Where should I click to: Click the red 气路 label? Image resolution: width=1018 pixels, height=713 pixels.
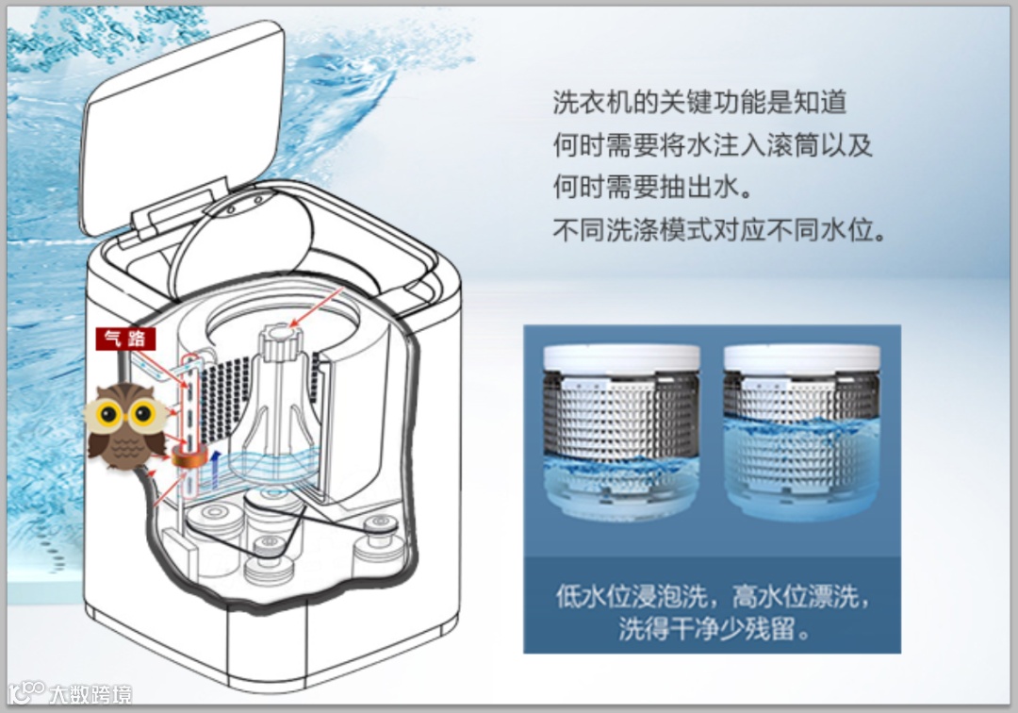(x=125, y=339)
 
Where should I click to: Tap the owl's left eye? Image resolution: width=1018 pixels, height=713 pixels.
(x=108, y=412)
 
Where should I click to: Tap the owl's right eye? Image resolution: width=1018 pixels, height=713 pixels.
(x=142, y=412)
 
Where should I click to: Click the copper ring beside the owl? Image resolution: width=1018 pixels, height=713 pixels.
(x=189, y=456)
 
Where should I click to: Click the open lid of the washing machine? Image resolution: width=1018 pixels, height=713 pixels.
(x=182, y=126)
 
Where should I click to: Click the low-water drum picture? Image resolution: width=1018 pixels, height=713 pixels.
(x=621, y=433)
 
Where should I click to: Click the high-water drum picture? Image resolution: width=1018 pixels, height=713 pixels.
(x=802, y=433)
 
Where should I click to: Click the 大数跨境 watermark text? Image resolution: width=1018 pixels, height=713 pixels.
(x=90, y=694)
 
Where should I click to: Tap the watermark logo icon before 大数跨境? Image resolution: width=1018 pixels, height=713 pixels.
(x=26, y=693)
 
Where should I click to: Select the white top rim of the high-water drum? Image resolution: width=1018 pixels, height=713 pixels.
(x=802, y=358)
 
